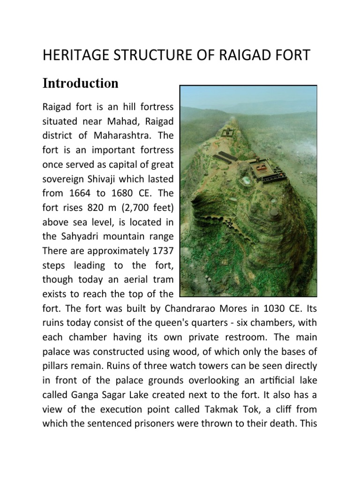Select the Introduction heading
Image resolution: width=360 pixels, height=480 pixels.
pos(80,83)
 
